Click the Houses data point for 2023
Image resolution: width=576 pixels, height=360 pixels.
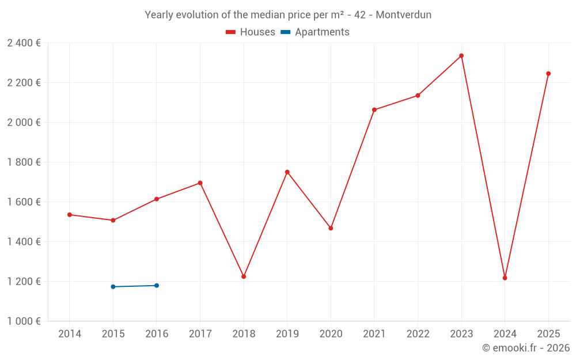[x=461, y=56]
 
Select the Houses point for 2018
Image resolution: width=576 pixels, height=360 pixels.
[x=244, y=276]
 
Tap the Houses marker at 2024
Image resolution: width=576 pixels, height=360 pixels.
[x=505, y=278]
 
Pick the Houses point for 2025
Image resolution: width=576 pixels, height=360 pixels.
[x=548, y=74]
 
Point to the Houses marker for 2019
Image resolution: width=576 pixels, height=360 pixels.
[x=287, y=172]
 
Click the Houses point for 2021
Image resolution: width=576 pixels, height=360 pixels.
[x=374, y=110]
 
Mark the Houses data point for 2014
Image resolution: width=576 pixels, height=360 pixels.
[x=70, y=215]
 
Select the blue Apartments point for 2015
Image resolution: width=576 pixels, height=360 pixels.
[x=113, y=287]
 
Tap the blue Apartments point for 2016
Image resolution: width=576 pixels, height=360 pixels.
[x=157, y=286]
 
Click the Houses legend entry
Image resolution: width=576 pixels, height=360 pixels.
[x=251, y=32]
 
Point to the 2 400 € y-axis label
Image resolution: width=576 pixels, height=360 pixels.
[x=24, y=43]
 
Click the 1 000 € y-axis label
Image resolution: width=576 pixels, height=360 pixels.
[x=24, y=321]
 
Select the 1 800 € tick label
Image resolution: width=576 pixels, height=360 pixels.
[x=24, y=162]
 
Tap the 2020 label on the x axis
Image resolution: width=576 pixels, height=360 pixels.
[x=331, y=334]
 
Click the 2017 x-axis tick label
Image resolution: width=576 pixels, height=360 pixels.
[x=200, y=334]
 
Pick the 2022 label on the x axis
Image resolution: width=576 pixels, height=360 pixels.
[x=418, y=334]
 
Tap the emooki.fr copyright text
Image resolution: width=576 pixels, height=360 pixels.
[x=526, y=348]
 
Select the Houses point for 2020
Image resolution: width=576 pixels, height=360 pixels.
[x=331, y=229]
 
